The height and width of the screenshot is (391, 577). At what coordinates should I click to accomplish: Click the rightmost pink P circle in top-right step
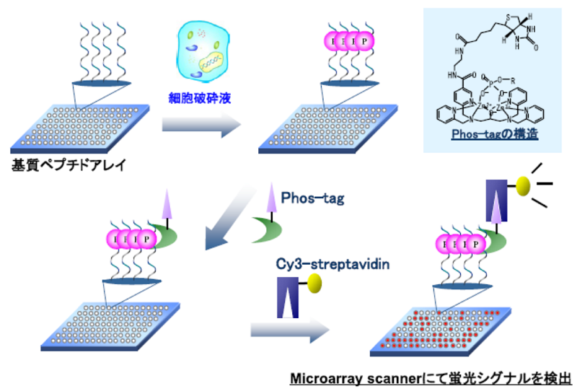(364, 40)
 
